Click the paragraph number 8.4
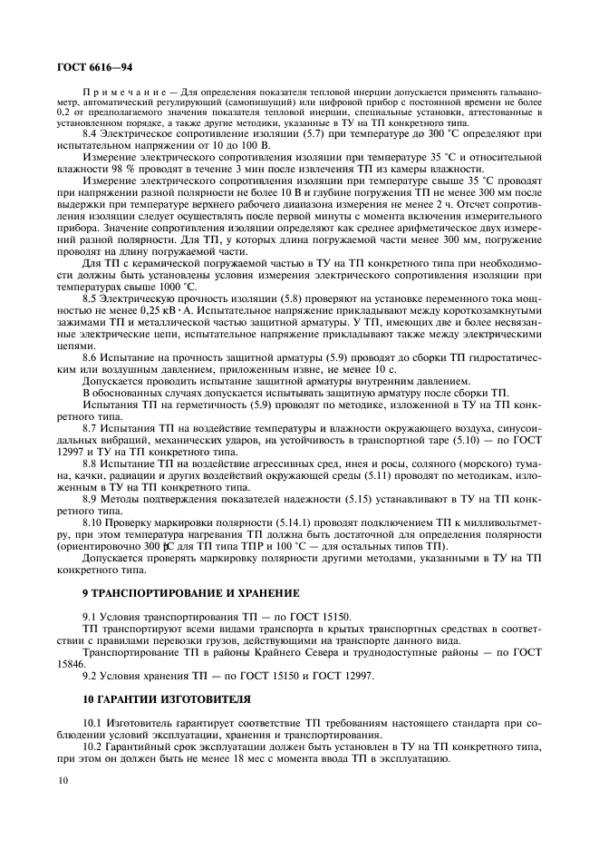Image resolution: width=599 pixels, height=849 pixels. [92, 133]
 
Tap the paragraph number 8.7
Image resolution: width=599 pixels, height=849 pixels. [92, 426]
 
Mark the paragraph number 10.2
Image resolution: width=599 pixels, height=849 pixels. [94, 741]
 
